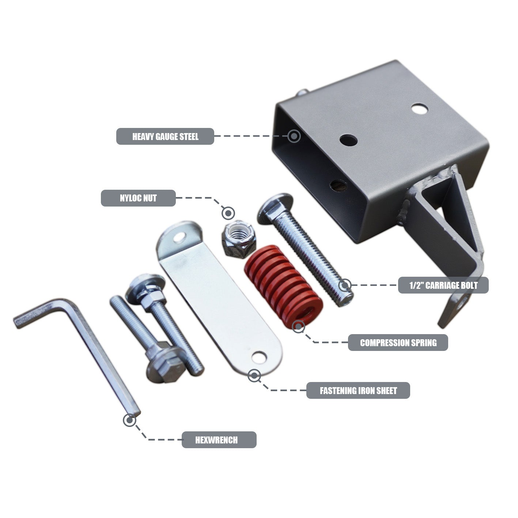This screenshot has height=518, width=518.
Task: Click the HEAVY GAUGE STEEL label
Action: coord(165,136)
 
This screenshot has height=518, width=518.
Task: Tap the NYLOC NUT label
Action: coord(138,198)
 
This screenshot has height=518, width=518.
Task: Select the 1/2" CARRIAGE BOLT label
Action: coord(443,285)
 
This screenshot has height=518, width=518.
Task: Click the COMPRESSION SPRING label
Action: coord(398,343)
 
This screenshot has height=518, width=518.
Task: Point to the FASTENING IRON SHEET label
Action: coord(358,390)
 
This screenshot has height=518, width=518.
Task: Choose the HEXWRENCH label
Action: coord(219,440)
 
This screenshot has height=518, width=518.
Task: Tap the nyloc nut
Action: coord(238,241)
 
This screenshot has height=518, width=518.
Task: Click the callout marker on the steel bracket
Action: coord(294,136)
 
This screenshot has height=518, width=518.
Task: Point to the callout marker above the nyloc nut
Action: coord(228,212)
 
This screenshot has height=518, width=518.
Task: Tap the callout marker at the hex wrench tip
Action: coord(129,420)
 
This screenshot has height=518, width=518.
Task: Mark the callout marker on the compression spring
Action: coord(298,326)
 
